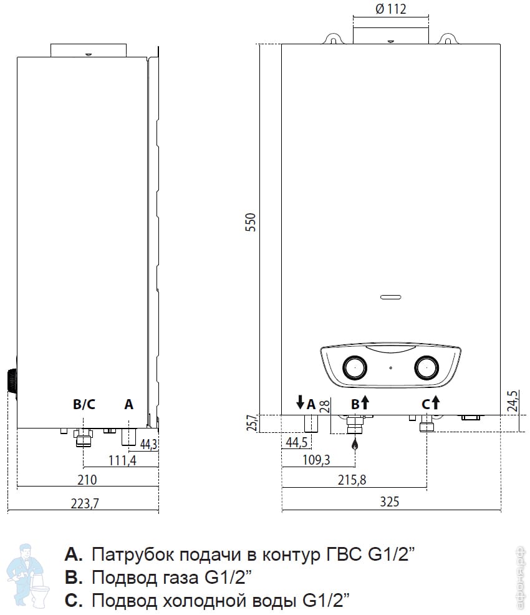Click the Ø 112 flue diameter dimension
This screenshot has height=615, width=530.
391,9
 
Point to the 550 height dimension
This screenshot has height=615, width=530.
250,222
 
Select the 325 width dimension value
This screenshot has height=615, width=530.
390,501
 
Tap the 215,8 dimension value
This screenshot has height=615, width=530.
352,480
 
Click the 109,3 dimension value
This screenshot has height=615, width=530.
316,459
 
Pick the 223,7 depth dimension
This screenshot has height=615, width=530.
85,503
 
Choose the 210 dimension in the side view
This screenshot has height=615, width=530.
87,480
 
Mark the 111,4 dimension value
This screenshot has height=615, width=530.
122,460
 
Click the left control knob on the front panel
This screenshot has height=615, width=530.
355,368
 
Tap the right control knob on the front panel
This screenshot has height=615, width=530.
426,368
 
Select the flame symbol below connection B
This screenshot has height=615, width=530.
355,444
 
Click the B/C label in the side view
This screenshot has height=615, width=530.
84,404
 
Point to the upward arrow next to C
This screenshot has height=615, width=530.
435,402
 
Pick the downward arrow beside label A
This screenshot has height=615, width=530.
301,402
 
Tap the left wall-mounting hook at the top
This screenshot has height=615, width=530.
333,39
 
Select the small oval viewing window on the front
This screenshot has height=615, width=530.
391,297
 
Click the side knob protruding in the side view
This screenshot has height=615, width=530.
12,381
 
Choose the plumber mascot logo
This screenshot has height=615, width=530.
28,576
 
